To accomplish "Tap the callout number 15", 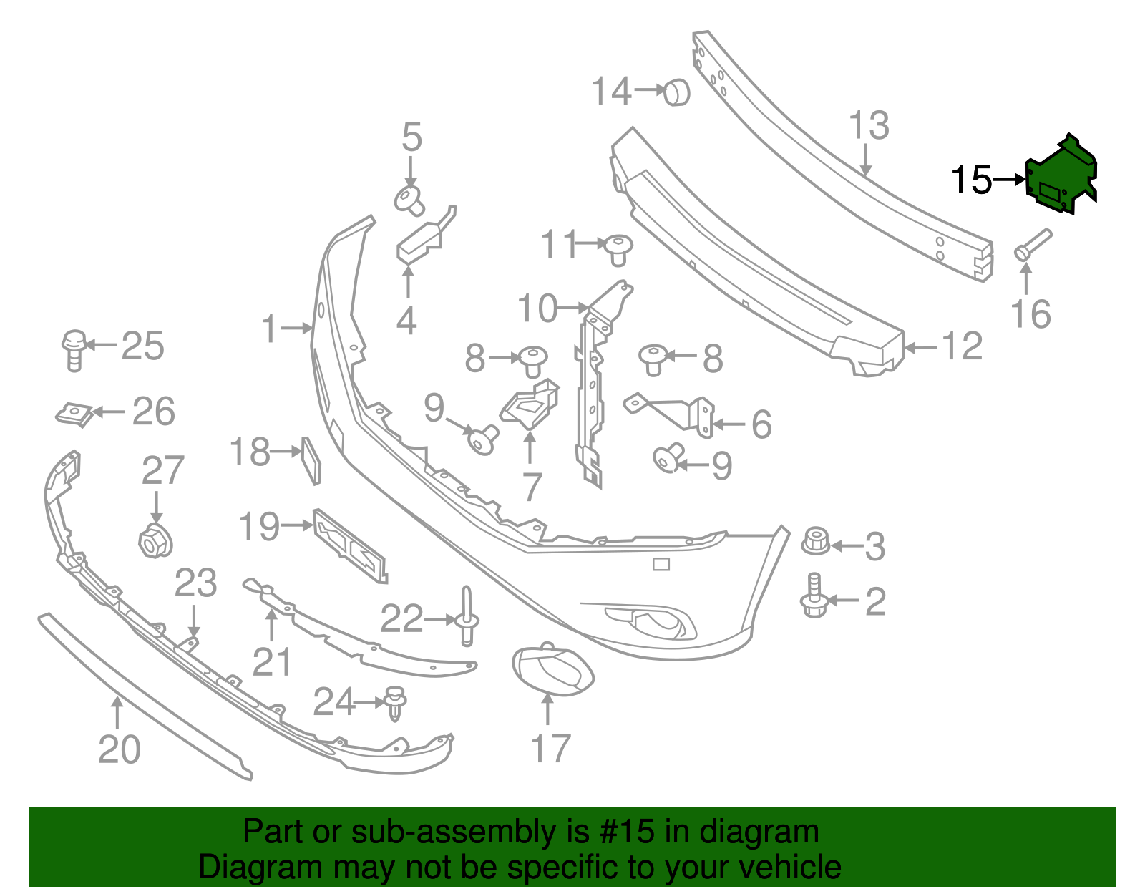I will [x=971, y=180].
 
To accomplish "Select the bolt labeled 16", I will [x=1031, y=246].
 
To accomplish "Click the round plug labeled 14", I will [x=676, y=92].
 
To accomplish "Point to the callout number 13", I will [x=869, y=126].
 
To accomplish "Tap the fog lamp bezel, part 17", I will [x=552, y=669].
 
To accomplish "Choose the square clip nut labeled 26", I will [x=74, y=413].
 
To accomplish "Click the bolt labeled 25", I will [x=74, y=349].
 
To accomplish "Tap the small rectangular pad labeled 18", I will [x=311, y=460].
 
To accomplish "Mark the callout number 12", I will [x=962, y=347].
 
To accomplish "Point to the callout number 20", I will [x=119, y=749].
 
